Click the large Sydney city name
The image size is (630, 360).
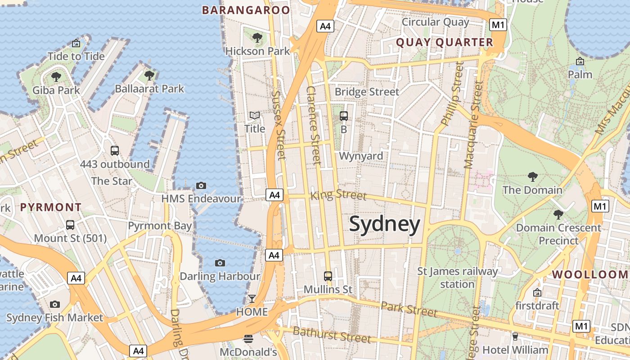[x=384, y=224]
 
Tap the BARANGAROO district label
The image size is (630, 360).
[x=246, y=10]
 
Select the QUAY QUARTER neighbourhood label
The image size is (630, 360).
[x=444, y=43]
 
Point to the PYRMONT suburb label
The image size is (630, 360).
[x=51, y=207]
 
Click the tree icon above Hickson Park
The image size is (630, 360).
[x=257, y=38]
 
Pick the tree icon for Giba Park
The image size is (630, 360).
[x=56, y=77]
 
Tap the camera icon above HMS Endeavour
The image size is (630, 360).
[x=201, y=185]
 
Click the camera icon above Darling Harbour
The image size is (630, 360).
[x=220, y=263]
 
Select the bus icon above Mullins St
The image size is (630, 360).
[x=328, y=276]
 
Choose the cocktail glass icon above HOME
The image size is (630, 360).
[x=252, y=299]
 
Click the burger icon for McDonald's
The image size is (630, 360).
[x=248, y=338]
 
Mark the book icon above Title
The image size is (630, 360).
[x=255, y=116]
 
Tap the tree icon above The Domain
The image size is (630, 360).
[x=532, y=176]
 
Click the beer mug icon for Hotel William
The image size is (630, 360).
[x=515, y=337]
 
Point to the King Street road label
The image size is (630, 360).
[x=338, y=195]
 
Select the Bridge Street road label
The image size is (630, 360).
[x=367, y=92]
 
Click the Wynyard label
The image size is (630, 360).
[x=361, y=156]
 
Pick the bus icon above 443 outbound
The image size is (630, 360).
[x=115, y=151]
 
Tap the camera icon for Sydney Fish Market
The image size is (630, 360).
[x=55, y=305]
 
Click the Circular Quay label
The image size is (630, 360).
[x=435, y=22]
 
